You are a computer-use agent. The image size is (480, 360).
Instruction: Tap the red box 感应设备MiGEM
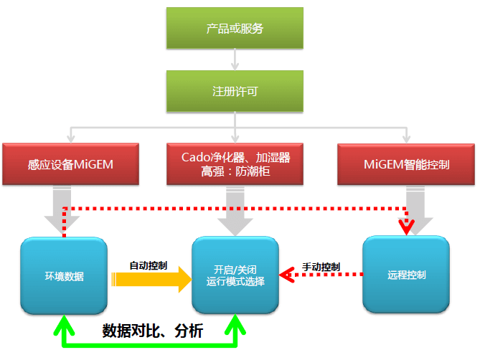pyautogui.click(x=70, y=164)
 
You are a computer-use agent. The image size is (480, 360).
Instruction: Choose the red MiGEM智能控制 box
pyautogui.click(x=407, y=164)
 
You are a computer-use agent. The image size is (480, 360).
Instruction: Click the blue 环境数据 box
pyautogui.click(x=64, y=275)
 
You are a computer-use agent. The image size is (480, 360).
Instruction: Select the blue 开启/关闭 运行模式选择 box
pyautogui.click(x=235, y=275)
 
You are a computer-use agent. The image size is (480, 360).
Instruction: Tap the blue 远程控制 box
pyautogui.click(x=406, y=275)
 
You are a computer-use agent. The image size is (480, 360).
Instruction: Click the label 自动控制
pyautogui.click(x=149, y=265)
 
